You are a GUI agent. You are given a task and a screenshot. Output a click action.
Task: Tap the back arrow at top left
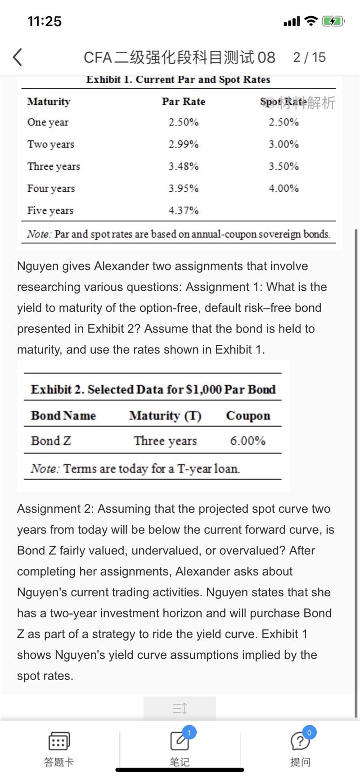(18, 57)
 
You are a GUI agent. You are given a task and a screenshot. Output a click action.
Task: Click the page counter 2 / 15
(309, 57)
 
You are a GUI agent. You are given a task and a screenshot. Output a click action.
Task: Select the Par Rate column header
(183, 102)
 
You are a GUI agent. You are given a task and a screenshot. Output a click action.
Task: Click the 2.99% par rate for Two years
(183, 144)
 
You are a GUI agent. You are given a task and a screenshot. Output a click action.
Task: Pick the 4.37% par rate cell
(183, 211)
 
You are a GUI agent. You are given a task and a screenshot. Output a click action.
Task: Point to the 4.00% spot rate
(283, 189)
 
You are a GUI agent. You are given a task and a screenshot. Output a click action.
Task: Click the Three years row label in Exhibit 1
(54, 167)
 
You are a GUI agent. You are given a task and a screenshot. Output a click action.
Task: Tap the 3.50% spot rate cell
(283, 167)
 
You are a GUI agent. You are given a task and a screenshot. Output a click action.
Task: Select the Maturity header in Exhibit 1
(49, 102)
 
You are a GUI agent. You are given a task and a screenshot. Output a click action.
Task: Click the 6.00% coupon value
(247, 441)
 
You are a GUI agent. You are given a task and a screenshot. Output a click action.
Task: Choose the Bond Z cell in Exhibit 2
(51, 441)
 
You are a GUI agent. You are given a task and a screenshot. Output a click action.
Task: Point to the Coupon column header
(248, 415)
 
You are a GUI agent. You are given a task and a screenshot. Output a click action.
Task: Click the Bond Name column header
(63, 415)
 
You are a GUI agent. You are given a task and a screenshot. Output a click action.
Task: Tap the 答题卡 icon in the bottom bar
(59, 741)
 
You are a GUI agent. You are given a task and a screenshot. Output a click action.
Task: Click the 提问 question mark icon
(300, 741)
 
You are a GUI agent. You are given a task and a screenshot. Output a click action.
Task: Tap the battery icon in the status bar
(333, 21)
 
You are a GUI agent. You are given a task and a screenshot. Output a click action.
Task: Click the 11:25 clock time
(44, 21)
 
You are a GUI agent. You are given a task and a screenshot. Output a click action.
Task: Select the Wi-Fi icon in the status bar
(310, 21)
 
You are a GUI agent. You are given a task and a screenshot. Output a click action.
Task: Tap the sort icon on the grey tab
(180, 709)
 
